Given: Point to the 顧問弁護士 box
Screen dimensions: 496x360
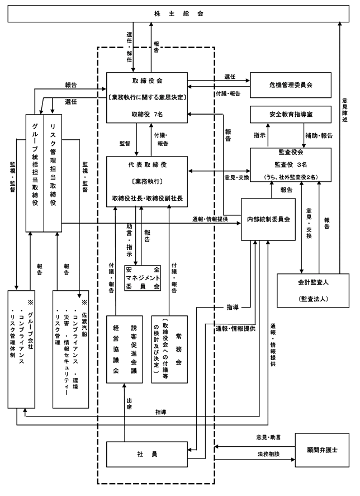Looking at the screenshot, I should [322, 450].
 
